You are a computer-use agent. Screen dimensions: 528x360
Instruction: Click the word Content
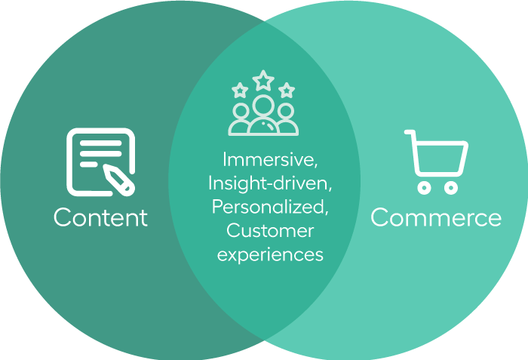[x=100, y=217]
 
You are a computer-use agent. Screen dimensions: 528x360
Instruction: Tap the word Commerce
[x=436, y=217]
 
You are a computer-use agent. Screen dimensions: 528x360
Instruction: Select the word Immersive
[x=270, y=159]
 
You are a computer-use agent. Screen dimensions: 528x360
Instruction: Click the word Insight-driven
[x=270, y=183]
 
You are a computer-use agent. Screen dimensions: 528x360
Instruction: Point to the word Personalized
[x=270, y=207]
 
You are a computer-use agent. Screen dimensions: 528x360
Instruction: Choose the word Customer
[x=270, y=231]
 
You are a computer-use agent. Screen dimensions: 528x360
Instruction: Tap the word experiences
[x=270, y=255]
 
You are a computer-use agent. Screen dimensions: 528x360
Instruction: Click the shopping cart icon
[x=436, y=162]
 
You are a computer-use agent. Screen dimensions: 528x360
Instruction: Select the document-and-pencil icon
[x=101, y=162]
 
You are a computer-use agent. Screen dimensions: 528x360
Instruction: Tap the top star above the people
[x=263, y=80]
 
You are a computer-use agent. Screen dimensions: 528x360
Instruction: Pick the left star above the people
[x=240, y=90]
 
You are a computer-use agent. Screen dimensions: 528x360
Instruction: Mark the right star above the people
[x=287, y=90]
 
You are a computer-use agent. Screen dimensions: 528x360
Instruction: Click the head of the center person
[x=263, y=106]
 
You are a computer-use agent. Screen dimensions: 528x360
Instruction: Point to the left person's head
[x=241, y=111]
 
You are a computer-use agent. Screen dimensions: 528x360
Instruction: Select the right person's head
[x=286, y=111]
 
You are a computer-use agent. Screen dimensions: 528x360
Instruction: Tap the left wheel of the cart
[x=424, y=188]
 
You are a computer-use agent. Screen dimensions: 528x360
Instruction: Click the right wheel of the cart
[x=450, y=188]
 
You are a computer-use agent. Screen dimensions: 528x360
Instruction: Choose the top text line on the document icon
[x=100, y=143]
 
